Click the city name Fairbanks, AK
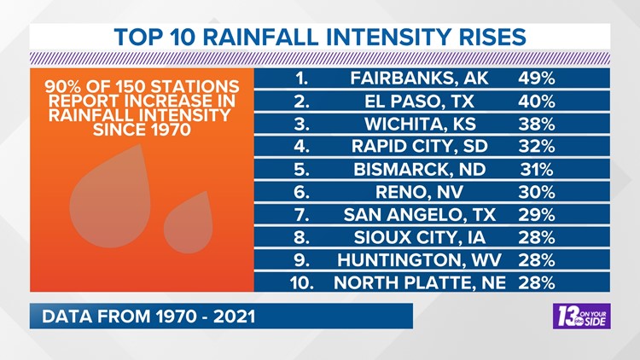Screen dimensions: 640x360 pos(419,78)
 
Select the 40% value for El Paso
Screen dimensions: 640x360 pos(537,102)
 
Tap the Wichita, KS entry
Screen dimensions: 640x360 pos(420,124)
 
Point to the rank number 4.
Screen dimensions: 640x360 pos(301,146)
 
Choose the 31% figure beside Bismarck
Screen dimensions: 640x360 pos(537,170)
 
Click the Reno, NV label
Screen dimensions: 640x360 pos(419,192)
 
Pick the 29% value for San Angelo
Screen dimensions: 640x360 pos(537,215)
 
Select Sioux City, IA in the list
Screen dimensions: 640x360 pos(420,237)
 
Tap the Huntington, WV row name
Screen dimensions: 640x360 pos(419,260)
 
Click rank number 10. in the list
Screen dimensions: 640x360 pos(301,283)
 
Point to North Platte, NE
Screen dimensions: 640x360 pos(420,283)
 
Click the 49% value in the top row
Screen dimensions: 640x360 pos(537,78)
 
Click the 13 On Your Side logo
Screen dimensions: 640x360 pos(582,316)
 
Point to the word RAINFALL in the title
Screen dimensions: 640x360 pos(260,38)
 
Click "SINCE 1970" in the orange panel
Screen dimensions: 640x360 pos(142,130)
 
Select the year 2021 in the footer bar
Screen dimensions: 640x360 pos(234,316)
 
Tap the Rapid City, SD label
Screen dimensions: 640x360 pos(420,146)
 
